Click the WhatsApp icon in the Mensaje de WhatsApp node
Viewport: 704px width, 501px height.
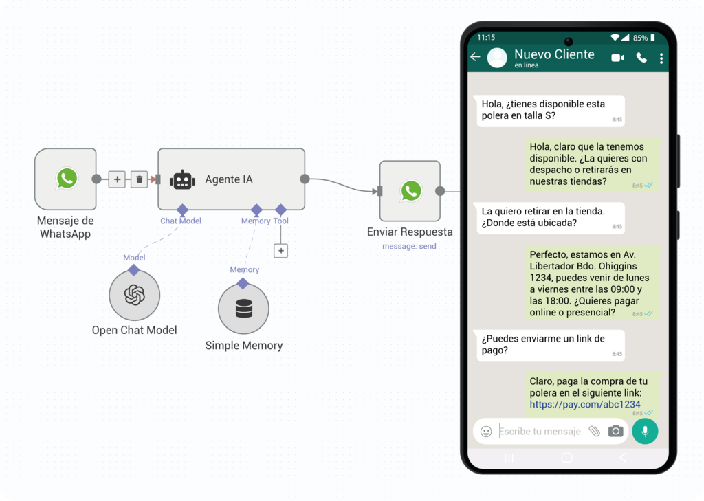point(67,179)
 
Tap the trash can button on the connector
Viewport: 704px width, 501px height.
point(140,179)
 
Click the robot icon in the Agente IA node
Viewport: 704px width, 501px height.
point(183,179)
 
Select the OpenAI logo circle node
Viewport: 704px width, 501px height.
point(135,296)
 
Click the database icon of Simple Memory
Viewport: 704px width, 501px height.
point(243,309)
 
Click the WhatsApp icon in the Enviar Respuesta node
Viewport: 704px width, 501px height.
point(411,190)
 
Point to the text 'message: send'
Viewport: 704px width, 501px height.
point(409,246)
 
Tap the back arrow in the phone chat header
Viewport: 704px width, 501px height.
point(475,57)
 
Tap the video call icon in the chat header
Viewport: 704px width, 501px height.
point(617,58)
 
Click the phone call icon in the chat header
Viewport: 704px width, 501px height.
point(641,58)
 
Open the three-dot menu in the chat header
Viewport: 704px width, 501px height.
point(661,58)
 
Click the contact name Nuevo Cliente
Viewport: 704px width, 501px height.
point(554,54)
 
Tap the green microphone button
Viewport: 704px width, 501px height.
point(645,431)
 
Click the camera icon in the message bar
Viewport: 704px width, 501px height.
point(616,431)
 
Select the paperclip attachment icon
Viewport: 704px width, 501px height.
point(595,431)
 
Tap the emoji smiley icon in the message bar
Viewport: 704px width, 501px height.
point(486,432)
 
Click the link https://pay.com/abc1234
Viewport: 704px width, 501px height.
point(585,405)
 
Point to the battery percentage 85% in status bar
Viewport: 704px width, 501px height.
point(640,38)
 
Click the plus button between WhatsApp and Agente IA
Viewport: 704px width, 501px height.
point(117,179)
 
